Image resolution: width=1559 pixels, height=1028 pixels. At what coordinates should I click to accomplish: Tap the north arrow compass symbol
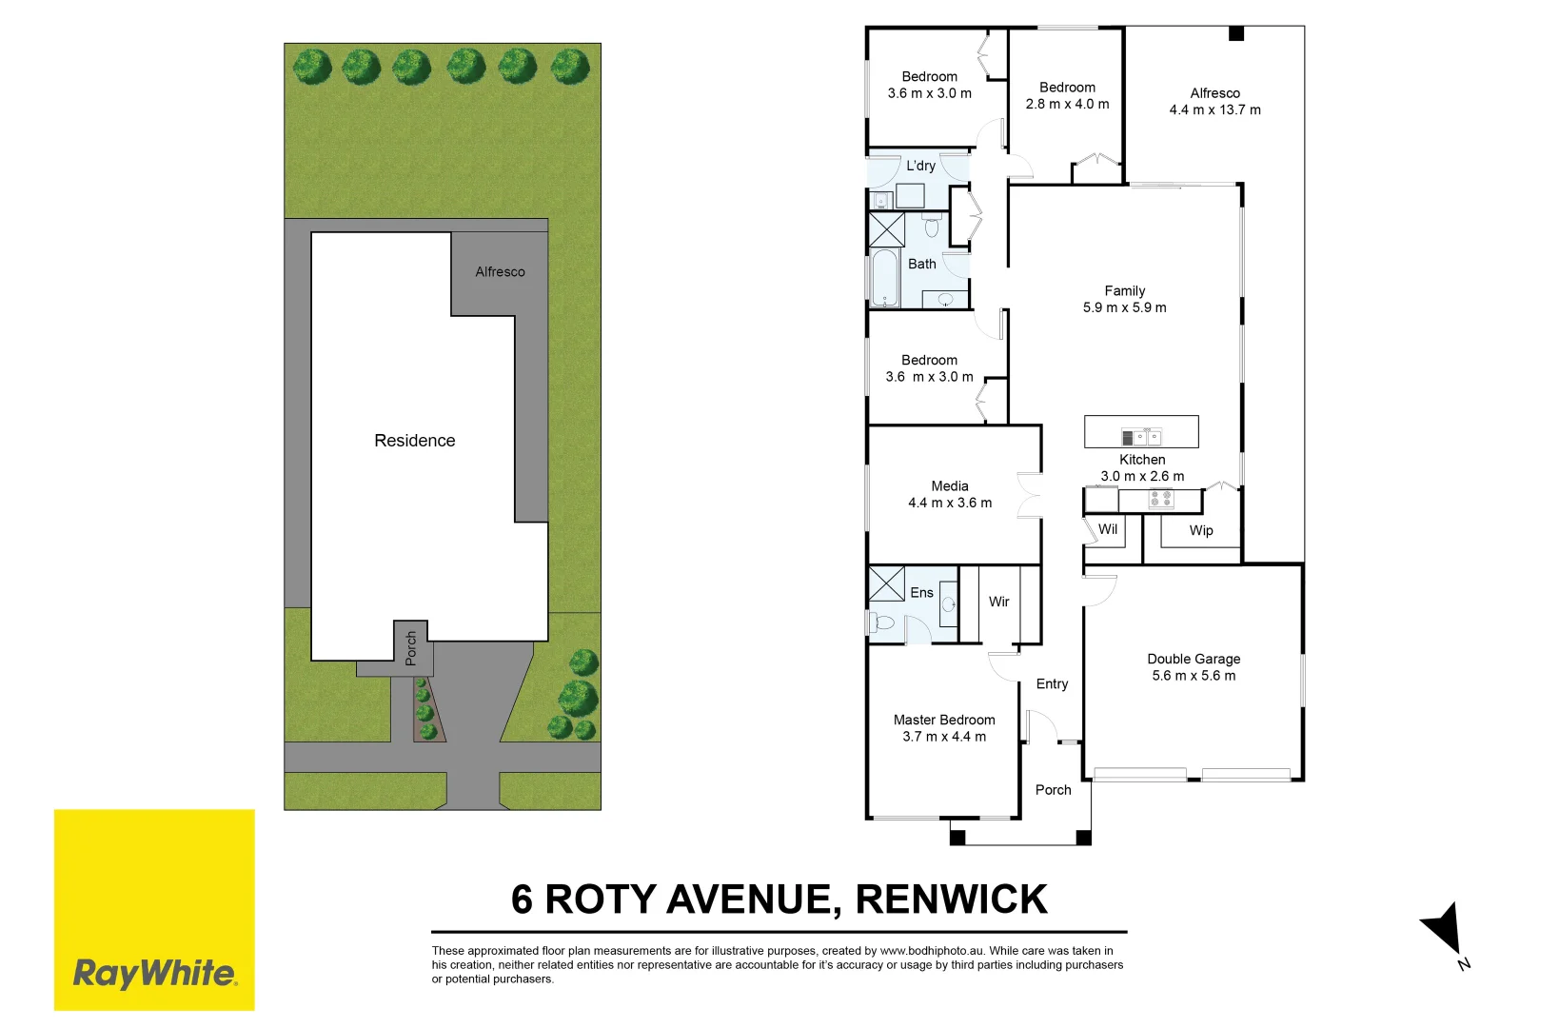coord(1445,929)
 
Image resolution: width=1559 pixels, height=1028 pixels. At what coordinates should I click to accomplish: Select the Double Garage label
coord(1194,659)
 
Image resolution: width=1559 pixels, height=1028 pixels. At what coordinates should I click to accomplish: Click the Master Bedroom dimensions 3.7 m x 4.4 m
coord(944,737)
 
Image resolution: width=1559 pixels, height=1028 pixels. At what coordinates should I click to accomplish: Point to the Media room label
coord(950,485)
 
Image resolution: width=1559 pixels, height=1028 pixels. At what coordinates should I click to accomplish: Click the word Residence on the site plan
coord(415,441)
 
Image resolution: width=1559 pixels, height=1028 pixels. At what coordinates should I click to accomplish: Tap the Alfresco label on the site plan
coord(500,272)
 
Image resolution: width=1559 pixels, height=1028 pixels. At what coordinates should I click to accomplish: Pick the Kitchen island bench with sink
coord(1141,432)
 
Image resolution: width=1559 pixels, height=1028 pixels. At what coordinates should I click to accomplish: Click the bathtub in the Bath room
coord(885,278)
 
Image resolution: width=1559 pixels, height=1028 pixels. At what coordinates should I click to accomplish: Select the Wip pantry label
coord(1201,531)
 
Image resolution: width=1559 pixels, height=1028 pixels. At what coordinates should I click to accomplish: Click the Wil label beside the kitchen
coord(1108,529)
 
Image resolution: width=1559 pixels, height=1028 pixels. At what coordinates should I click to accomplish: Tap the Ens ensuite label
coord(921,593)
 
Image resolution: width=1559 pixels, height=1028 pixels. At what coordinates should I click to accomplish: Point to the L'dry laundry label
coord(920,166)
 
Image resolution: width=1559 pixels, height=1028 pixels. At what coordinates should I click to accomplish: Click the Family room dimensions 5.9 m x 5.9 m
coord(1124,307)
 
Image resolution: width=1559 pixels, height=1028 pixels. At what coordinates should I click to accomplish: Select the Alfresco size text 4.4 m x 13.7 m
coord(1214,109)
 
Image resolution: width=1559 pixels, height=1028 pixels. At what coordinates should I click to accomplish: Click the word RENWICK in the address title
coord(951,899)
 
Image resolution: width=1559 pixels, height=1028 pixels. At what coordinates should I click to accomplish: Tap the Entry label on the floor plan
coord(1052,684)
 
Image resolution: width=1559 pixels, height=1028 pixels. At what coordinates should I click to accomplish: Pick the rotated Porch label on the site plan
coord(411,648)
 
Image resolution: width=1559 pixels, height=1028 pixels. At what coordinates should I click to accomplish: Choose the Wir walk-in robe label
coord(998,602)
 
